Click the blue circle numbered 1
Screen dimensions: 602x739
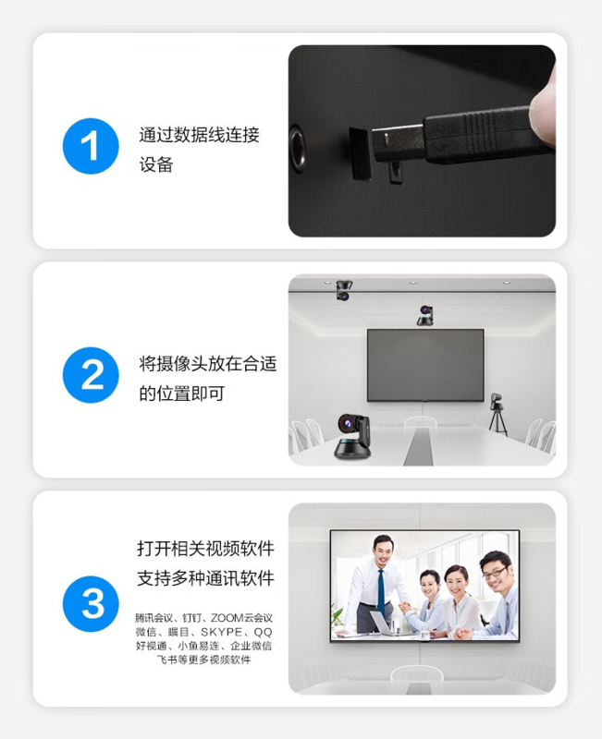(x=91, y=146)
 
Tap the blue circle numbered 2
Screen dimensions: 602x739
(x=91, y=375)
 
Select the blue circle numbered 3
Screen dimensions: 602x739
(x=91, y=604)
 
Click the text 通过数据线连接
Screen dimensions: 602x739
(x=199, y=135)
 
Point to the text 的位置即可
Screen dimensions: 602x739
(x=181, y=394)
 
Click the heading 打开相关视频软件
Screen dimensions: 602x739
(x=205, y=549)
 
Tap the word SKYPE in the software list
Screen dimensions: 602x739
(x=221, y=632)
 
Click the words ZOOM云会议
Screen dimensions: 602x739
(x=241, y=617)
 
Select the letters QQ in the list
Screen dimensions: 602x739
(x=263, y=632)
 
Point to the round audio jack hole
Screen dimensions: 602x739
(x=297, y=149)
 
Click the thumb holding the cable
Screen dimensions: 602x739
(x=543, y=106)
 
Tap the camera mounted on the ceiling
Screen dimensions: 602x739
(x=344, y=290)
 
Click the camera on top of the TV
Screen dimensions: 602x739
(x=425, y=315)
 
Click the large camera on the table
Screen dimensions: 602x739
(x=352, y=437)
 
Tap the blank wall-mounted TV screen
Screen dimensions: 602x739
(x=425, y=365)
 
